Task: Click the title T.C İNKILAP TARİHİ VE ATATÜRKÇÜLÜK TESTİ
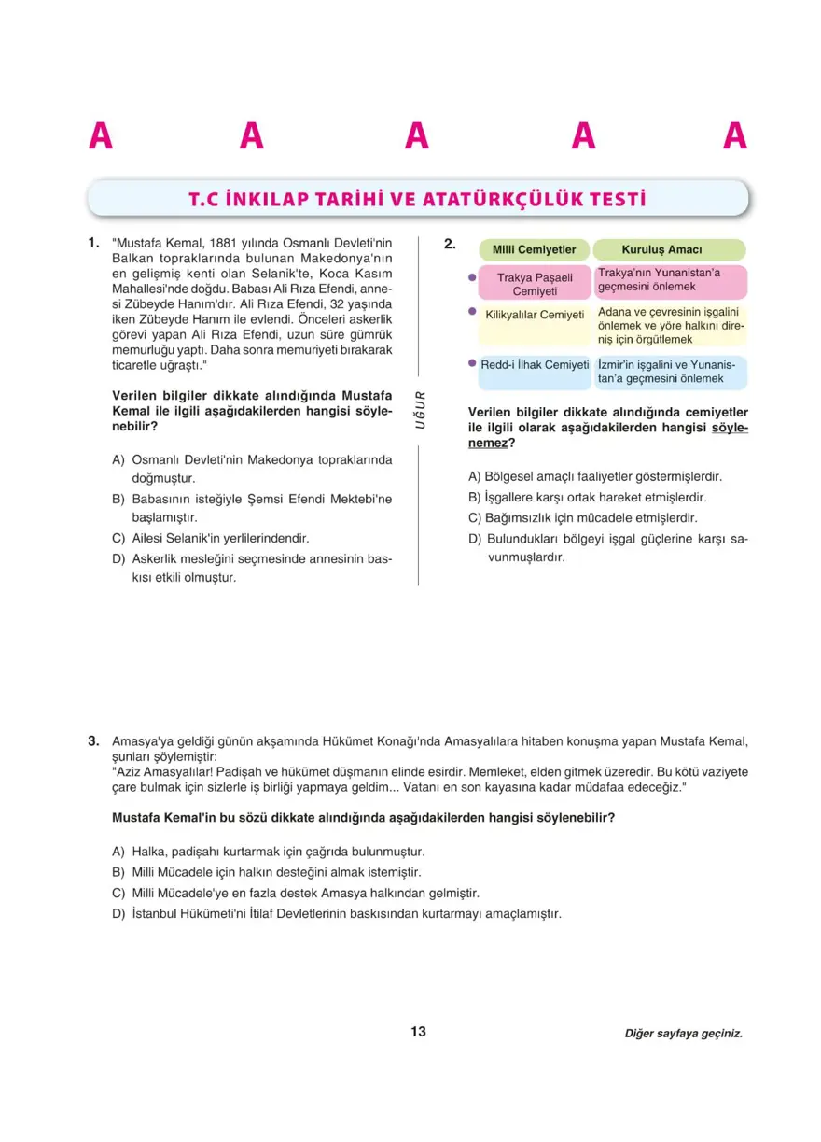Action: (x=417, y=199)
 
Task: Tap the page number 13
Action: (x=418, y=1032)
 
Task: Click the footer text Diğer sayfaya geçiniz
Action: (x=684, y=1034)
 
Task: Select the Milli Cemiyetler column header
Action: (x=534, y=250)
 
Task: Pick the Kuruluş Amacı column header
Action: (x=668, y=250)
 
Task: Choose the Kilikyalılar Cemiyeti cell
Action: (x=535, y=315)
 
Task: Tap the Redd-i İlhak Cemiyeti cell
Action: (x=535, y=364)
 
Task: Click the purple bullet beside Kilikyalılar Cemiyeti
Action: (x=472, y=313)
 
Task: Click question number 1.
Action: (x=93, y=243)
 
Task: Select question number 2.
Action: (x=450, y=245)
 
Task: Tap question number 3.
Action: (x=93, y=741)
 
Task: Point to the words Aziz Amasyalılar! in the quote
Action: (x=160, y=772)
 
